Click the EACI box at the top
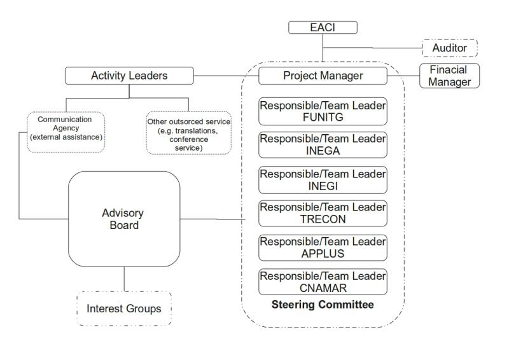tap(323, 27)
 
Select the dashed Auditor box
tap(450, 47)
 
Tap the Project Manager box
tap(323, 76)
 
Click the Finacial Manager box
tap(449, 76)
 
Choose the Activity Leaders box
tap(129, 76)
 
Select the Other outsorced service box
tap(188, 134)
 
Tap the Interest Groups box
tap(123, 309)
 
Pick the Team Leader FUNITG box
tap(323, 111)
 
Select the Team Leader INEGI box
tap(323, 180)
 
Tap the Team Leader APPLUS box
tap(323, 248)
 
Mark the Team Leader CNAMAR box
tap(323, 282)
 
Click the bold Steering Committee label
tap(323, 305)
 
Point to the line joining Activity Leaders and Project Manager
tap(225, 76)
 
